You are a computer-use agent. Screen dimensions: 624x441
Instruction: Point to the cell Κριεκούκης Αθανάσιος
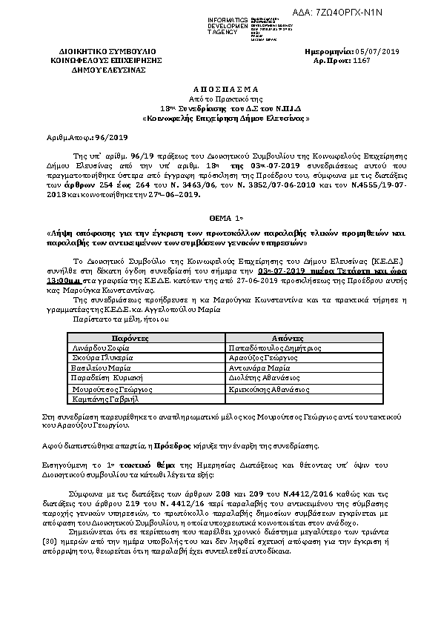(x=268, y=388)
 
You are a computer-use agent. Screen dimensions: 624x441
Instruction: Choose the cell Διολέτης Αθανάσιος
(x=265, y=376)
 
